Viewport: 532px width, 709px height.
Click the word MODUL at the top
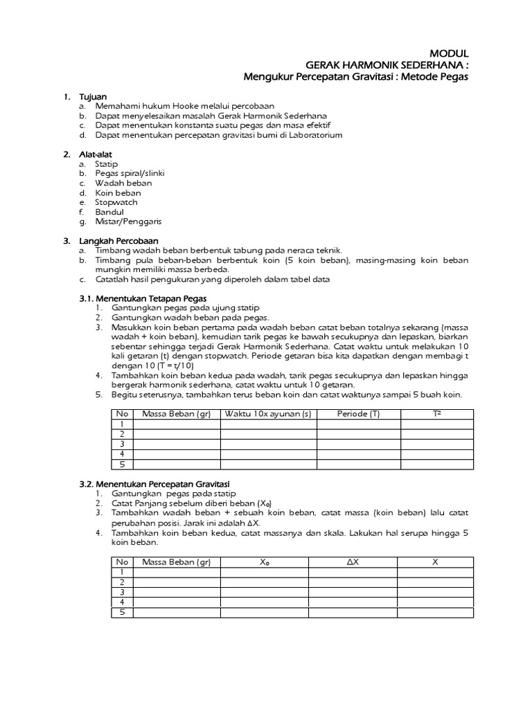click(x=450, y=53)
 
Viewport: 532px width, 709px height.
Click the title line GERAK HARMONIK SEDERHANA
click(x=382, y=64)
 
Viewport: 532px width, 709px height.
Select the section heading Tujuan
click(x=93, y=96)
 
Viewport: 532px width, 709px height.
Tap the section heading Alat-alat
click(x=95, y=154)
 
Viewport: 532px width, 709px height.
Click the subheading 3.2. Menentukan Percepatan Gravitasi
click(x=152, y=483)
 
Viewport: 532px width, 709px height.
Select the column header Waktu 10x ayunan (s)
click(x=268, y=414)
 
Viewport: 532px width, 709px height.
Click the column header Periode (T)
click(x=358, y=414)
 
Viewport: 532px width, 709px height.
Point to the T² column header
click(x=436, y=414)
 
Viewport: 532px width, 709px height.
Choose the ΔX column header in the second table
click(x=352, y=562)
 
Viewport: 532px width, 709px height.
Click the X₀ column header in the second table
click(x=265, y=562)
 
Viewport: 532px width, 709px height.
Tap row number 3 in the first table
click(x=122, y=444)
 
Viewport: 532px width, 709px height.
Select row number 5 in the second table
click(x=122, y=612)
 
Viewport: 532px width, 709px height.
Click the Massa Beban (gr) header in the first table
click(x=176, y=414)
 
